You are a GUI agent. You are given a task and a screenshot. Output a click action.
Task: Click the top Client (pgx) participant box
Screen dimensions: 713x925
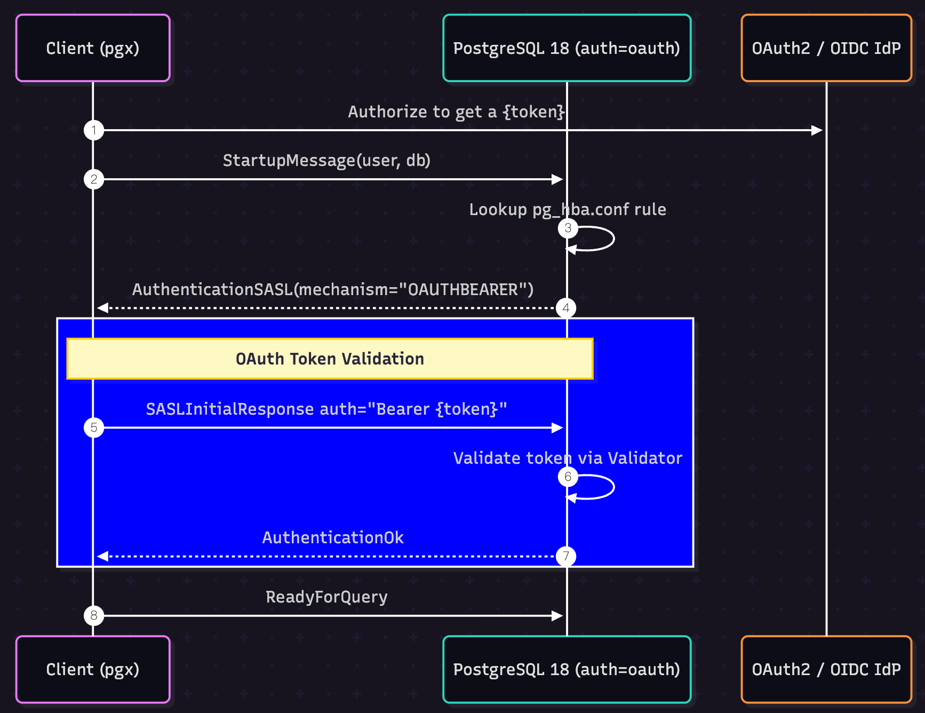click(93, 48)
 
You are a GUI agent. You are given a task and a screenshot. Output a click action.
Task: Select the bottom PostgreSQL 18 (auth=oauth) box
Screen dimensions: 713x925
click(567, 669)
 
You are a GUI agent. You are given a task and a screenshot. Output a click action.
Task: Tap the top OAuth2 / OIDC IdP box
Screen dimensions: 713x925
click(826, 48)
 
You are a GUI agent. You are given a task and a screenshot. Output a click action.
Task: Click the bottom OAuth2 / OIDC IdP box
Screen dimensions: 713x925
click(826, 669)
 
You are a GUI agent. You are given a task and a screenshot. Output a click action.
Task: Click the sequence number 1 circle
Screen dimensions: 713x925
click(94, 130)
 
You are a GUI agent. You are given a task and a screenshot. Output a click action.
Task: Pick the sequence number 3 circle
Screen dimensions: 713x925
click(568, 228)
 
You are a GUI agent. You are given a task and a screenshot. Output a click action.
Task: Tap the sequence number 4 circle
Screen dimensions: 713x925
click(566, 308)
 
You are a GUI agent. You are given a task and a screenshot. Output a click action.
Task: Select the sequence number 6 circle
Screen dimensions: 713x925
click(568, 477)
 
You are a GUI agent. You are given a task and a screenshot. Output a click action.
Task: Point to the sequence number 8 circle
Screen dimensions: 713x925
click(94, 616)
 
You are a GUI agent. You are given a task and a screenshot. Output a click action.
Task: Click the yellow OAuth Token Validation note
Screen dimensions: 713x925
click(330, 359)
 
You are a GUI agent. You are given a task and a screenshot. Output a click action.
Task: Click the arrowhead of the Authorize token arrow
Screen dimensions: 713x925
click(817, 130)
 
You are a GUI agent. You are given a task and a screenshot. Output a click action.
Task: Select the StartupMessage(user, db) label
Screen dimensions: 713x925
click(326, 160)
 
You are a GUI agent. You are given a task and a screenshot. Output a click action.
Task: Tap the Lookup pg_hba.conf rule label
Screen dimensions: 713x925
click(568, 209)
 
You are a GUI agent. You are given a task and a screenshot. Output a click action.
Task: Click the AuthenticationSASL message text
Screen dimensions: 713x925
click(333, 289)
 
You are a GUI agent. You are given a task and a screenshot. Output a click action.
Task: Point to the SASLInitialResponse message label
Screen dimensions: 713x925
click(326, 409)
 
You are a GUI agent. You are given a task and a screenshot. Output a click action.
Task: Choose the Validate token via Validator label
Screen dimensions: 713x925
click(568, 458)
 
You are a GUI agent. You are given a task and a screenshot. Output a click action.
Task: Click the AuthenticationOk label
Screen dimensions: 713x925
click(333, 537)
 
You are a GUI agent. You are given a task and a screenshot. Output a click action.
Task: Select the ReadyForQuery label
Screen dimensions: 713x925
click(326, 597)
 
